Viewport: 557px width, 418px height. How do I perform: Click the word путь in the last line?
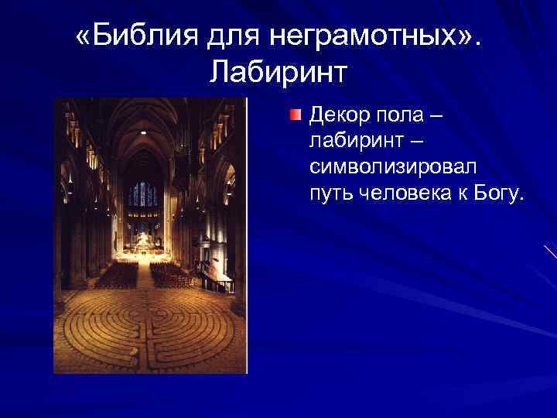coord(331,192)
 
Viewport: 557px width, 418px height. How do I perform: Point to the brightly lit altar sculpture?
coord(144,242)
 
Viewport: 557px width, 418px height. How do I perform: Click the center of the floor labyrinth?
coord(146,329)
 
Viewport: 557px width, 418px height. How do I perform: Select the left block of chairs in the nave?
coord(116,275)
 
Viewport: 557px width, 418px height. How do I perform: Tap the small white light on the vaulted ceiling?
coord(144,133)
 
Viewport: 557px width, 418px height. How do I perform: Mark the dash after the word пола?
coord(436,116)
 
